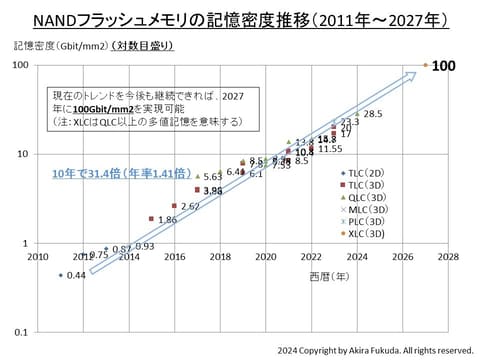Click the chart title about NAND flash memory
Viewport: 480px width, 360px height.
click(240, 19)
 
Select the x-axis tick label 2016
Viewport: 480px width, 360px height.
click(174, 257)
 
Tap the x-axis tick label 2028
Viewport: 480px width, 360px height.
click(447, 257)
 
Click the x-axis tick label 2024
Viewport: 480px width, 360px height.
click(356, 257)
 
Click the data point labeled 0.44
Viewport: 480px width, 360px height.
click(61, 275)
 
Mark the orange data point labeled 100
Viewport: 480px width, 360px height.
click(425, 65)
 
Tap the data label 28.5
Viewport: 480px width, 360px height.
click(373, 115)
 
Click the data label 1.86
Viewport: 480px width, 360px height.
click(167, 219)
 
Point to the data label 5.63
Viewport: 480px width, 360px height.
click(213, 177)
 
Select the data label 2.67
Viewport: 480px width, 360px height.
click(190, 206)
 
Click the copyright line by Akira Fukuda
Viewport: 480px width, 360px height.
click(374, 351)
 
